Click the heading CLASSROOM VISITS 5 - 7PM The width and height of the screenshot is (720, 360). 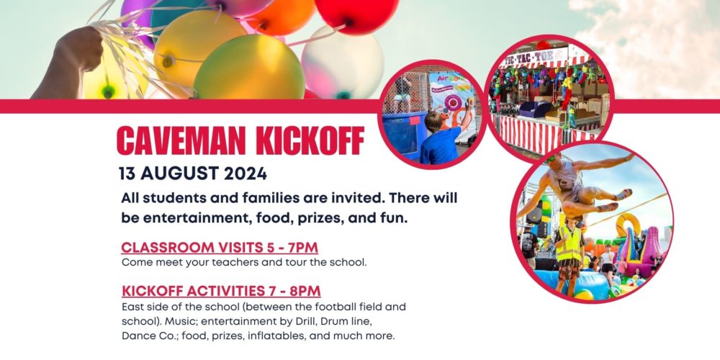[220, 248]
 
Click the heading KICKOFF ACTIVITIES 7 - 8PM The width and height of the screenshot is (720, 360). [221, 291]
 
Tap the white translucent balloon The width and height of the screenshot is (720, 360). [342, 63]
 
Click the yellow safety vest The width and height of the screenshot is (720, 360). [569, 243]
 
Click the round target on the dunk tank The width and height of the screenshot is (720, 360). [451, 102]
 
